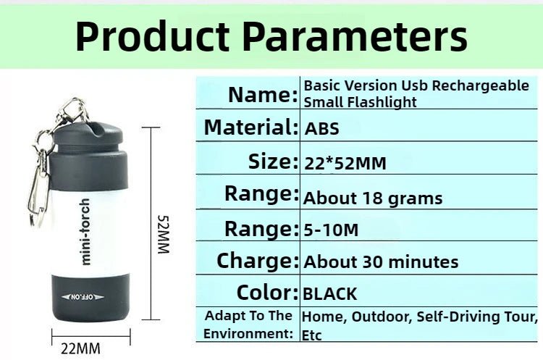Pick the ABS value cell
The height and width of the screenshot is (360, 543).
(x=321, y=130)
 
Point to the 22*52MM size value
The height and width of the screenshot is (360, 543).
(x=345, y=164)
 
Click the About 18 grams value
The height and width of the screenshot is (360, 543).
(x=372, y=198)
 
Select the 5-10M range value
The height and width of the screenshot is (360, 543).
(x=331, y=230)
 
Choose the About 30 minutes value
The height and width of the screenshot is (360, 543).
(x=381, y=261)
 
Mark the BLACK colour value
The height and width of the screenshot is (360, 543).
(x=329, y=294)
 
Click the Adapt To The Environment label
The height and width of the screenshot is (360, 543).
(x=248, y=325)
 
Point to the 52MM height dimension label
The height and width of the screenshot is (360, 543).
(x=163, y=234)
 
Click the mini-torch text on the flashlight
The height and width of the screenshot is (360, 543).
(x=85, y=231)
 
